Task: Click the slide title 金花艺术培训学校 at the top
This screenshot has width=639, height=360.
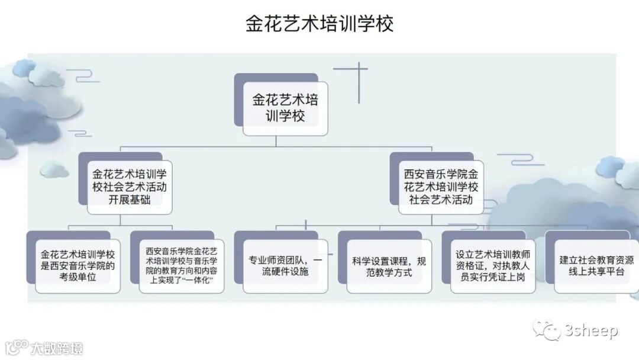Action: point(319,24)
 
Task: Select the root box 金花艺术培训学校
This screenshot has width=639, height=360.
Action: point(285,107)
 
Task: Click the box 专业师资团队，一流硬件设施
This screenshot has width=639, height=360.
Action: point(285,266)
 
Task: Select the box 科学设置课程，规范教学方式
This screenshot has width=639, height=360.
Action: point(389,266)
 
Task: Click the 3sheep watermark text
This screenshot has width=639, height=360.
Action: point(592,330)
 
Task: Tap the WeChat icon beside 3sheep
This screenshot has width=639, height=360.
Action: point(547,330)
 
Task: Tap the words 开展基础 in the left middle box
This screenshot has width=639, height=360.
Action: point(130,200)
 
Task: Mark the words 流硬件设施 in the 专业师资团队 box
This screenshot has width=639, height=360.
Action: point(285,272)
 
